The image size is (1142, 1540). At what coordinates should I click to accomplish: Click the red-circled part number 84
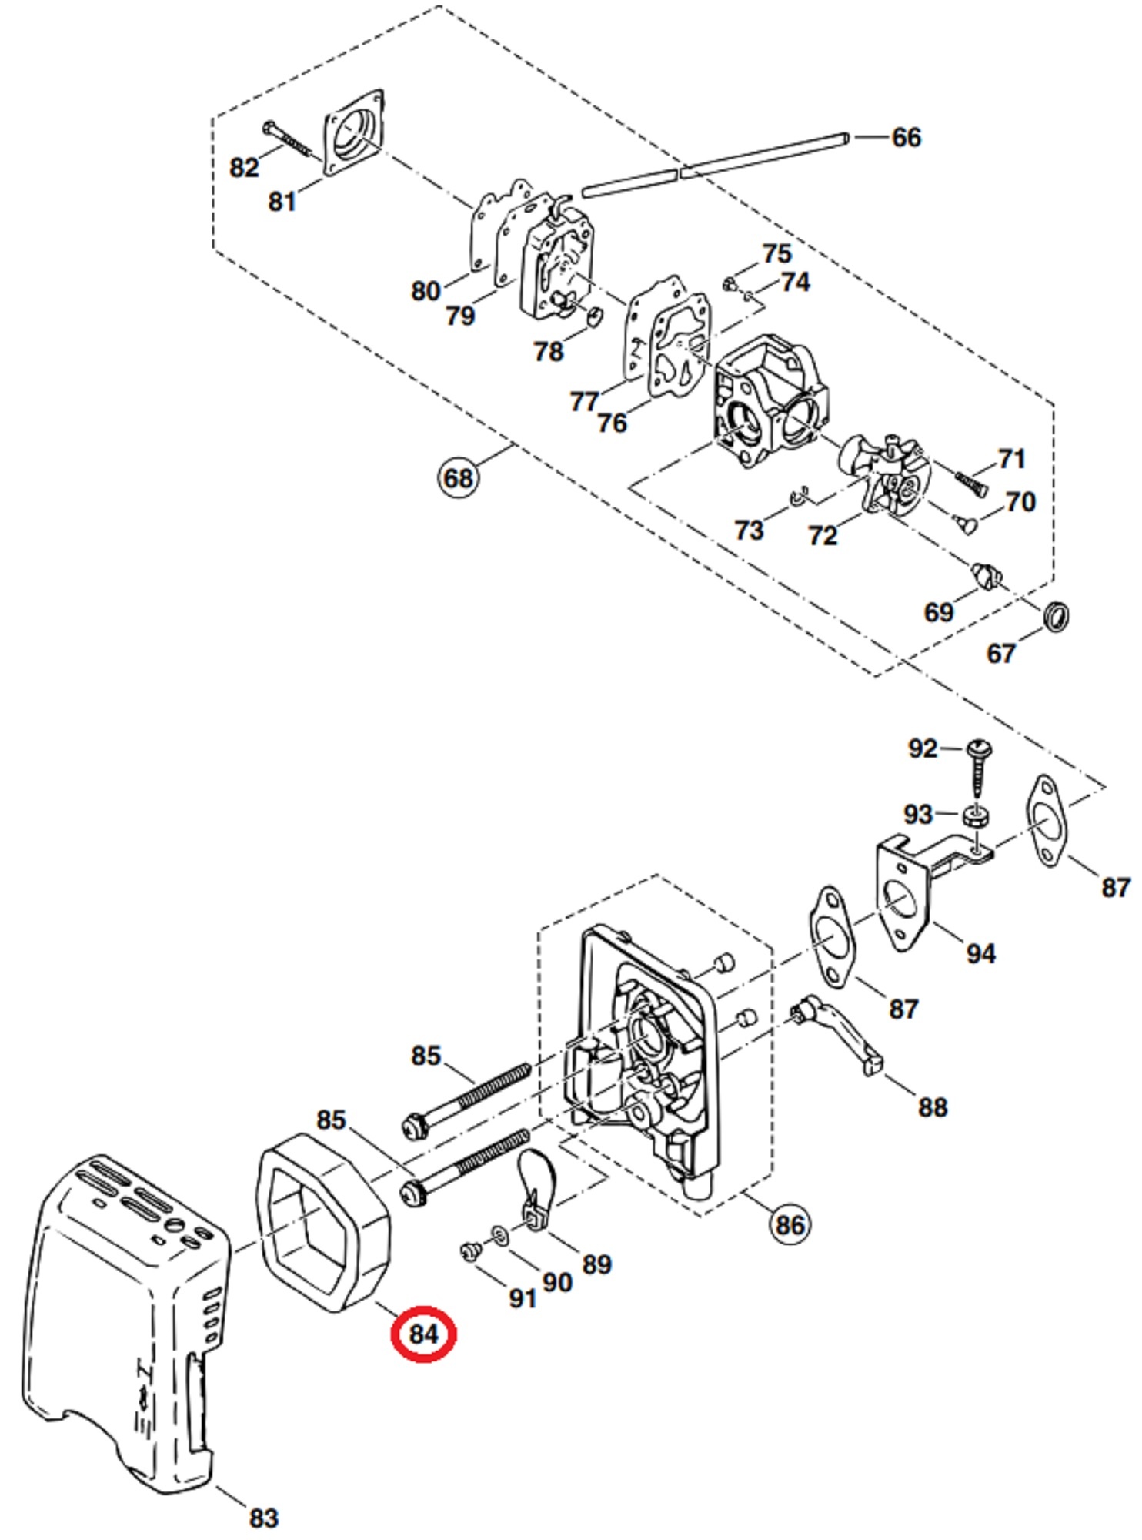click(x=423, y=1334)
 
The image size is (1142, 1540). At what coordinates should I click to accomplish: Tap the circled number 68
click(x=458, y=478)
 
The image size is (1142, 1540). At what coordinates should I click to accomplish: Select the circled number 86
click(x=790, y=1224)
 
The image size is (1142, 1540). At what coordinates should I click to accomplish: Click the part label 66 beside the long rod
click(x=906, y=138)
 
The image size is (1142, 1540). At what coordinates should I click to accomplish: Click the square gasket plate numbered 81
click(x=353, y=134)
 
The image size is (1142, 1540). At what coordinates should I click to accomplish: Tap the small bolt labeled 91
click(x=469, y=1252)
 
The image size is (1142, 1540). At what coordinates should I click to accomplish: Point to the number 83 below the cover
click(x=263, y=1518)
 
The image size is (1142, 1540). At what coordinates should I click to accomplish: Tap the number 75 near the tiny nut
click(x=776, y=253)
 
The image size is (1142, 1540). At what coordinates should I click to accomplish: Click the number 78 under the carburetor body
click(x=549, y=352)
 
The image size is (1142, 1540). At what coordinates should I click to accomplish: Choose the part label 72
click(x=823, y=535)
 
